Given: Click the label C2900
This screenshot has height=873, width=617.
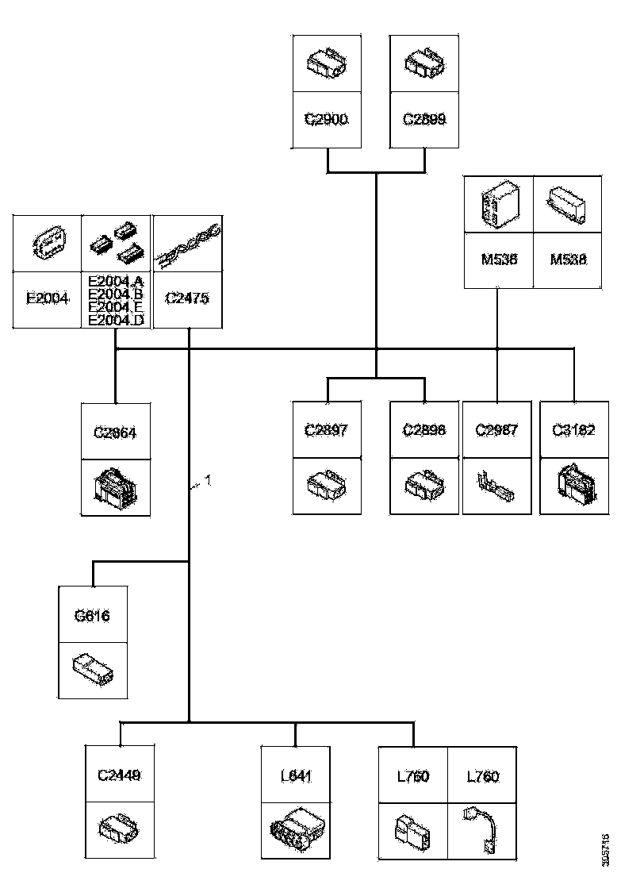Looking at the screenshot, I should point(327,120).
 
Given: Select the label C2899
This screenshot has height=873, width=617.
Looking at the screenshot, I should point(424,120).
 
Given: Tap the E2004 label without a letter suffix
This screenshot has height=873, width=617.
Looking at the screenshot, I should point(48,299).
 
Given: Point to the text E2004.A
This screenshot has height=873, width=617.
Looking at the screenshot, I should point(116,279).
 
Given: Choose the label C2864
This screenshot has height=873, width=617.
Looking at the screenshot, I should point(116,433).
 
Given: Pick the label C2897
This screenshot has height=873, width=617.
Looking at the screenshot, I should point(327,431).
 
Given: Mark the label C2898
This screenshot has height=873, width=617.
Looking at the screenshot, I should point(424,431).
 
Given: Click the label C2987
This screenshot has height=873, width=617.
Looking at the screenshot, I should point(496,431).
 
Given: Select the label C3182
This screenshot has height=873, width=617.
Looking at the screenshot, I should point(574,431).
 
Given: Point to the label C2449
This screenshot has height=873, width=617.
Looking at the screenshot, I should point(119,776).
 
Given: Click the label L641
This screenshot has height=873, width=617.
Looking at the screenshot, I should point(295,776).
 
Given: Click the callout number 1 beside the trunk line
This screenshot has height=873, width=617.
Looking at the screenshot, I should point(208,479).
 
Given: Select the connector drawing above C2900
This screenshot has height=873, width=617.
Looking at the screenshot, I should point(327,63).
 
